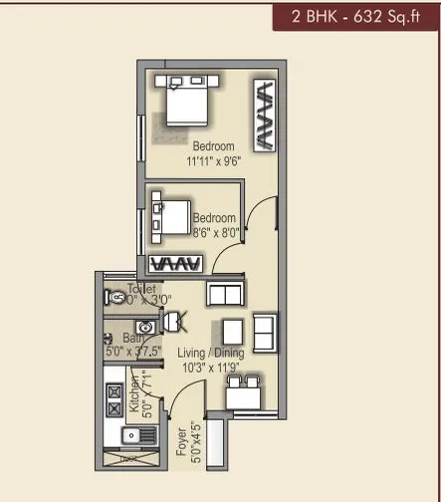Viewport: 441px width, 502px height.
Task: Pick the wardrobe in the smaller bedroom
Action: [176, 264]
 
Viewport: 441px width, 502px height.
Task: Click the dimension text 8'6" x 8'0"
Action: [214, 233]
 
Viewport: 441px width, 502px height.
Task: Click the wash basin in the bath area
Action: [145, 326]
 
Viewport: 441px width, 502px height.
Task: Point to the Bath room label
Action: [119, 339]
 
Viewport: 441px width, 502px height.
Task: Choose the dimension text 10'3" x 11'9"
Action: [209, 368]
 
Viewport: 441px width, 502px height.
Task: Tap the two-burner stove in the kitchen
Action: [112, 398]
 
